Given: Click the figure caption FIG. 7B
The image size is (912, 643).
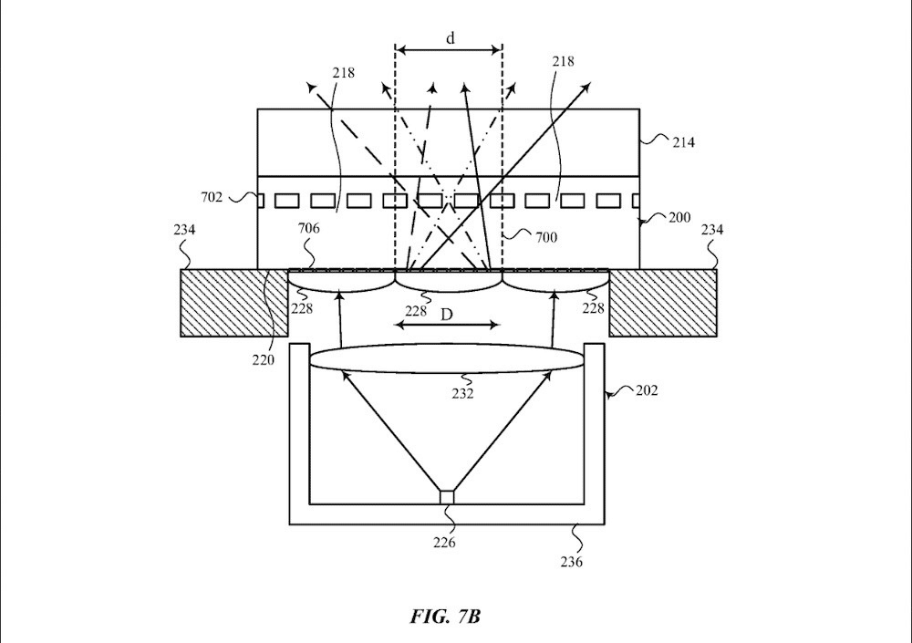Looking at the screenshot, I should (x=445, y=617).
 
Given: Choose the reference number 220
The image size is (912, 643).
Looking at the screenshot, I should (x=263, y=359).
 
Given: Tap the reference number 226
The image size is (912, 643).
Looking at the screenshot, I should (x=446, y=543).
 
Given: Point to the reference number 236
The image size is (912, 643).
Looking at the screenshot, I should (x=572, y=562).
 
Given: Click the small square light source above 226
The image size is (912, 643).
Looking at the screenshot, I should (x=446, y=496).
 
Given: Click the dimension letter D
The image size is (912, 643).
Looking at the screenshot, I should (x=448, y=314).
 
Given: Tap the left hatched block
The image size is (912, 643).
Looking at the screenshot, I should (x=228, y=303).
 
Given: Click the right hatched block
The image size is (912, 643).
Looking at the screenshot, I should (x=663, y=303).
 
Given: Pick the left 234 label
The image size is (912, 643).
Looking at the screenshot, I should (x=184, y=230).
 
